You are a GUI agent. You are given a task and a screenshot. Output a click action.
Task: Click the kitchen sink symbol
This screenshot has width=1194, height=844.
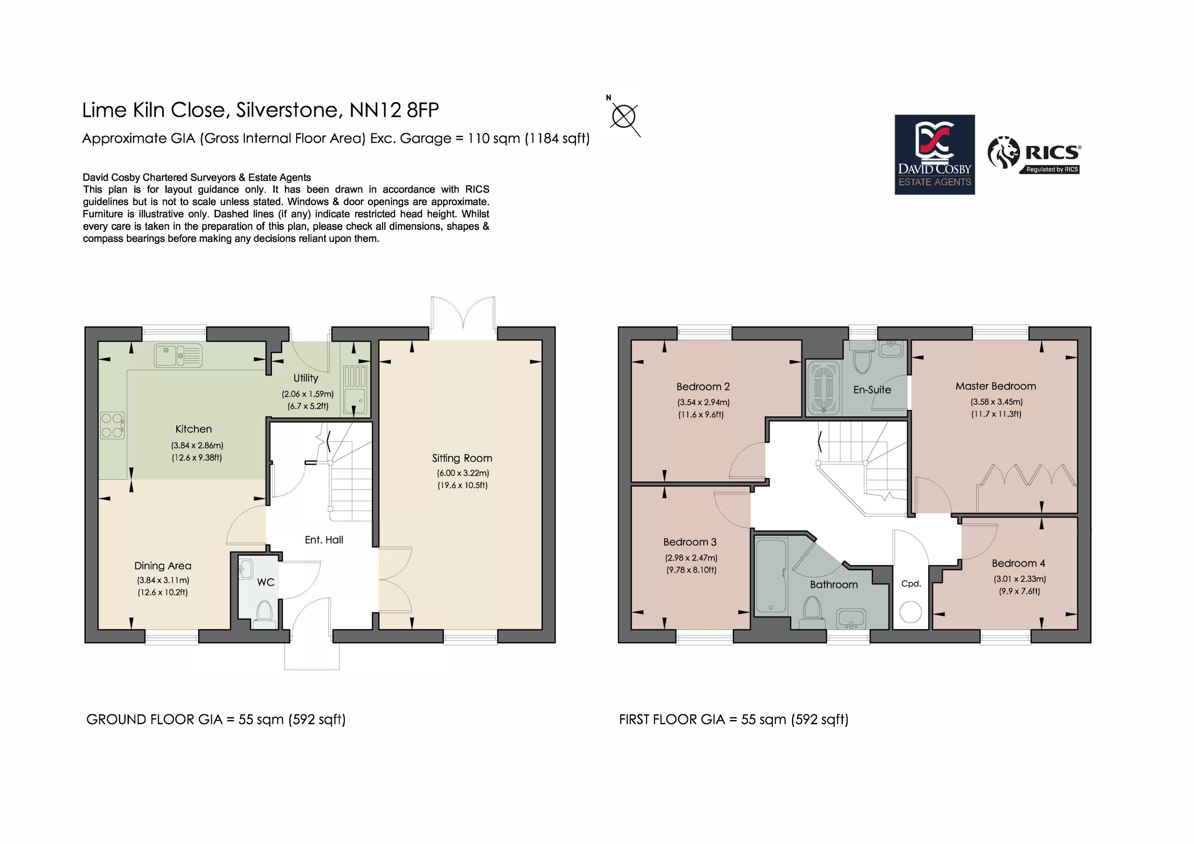point(178,356)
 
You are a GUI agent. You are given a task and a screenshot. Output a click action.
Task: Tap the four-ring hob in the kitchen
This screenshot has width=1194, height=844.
point(112,425)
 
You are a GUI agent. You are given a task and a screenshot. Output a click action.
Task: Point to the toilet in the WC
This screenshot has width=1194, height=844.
point(265,615)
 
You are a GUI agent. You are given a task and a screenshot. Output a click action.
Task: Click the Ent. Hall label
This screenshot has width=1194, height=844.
point(324,540)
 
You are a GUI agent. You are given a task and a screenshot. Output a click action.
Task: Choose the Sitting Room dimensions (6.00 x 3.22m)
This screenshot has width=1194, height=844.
point(463,473)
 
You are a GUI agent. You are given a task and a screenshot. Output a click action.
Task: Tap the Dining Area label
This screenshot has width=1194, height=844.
point(163,566)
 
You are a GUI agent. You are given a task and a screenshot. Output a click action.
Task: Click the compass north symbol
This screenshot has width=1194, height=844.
point(624,116)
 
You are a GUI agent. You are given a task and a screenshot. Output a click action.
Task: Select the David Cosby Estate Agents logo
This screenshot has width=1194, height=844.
point(935,154)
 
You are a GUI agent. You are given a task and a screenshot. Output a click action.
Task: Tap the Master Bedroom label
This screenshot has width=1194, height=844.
point(995,386)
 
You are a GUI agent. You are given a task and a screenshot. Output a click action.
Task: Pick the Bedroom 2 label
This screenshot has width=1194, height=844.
point(703,387)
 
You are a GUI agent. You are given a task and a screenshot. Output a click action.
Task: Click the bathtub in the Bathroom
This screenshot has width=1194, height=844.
point(771,576)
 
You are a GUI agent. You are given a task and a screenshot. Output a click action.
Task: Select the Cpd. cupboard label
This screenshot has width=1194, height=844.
point(910,583)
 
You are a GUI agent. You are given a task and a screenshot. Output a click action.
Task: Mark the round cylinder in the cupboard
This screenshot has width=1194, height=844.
point(910,612)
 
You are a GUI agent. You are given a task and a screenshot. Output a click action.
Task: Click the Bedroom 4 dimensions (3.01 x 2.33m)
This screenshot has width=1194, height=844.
point(1020,579)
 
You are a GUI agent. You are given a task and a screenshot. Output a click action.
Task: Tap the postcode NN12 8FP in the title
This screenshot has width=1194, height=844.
point(394,110)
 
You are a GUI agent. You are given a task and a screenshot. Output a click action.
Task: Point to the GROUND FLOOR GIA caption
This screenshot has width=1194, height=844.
point(216,719)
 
